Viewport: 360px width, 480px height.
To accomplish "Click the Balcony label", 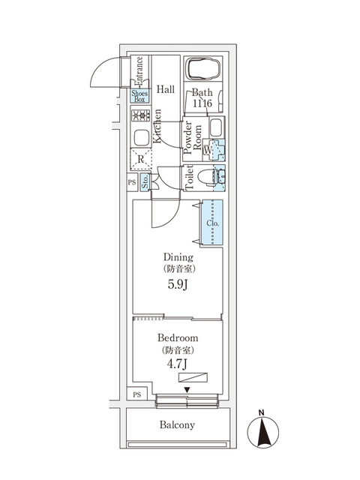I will pos(177,425).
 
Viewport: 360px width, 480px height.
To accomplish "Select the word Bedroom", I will pos(178,338).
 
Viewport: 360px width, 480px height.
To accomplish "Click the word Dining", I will pos(178,256).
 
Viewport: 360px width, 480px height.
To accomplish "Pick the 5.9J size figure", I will pos(178,286).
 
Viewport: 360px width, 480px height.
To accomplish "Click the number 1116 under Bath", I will pos(202,103).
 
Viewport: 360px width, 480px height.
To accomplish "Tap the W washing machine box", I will pos(208,148).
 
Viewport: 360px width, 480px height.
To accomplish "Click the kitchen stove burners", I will pos(140,115).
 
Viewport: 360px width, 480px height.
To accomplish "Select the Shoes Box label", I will pos(140,95).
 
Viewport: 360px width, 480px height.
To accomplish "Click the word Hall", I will pos(166,89).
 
